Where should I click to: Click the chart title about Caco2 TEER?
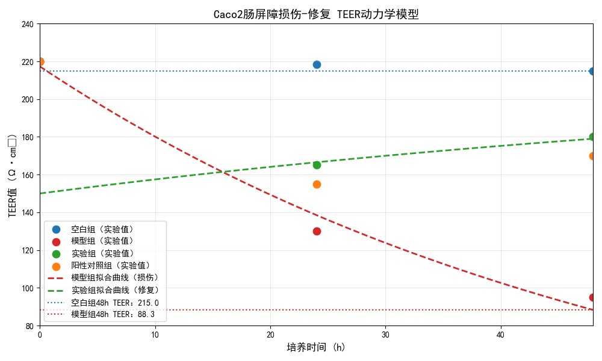point(316,14)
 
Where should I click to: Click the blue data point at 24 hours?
point(317,64)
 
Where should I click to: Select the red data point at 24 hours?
point(317,231)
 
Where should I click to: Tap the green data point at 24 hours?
point(317,165)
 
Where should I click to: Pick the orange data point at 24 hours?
point(317,184)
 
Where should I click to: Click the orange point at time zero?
point(40,61)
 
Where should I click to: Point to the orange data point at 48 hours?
point(593,156)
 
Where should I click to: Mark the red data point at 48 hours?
point(593,297)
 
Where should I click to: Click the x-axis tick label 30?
point(385,334)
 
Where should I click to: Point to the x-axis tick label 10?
point(155,334)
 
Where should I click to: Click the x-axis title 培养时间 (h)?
point(316,347)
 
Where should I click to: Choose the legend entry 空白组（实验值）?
point(102,229)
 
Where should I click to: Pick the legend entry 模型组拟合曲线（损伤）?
point(114,277)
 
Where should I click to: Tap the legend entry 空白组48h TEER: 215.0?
point(114,303)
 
